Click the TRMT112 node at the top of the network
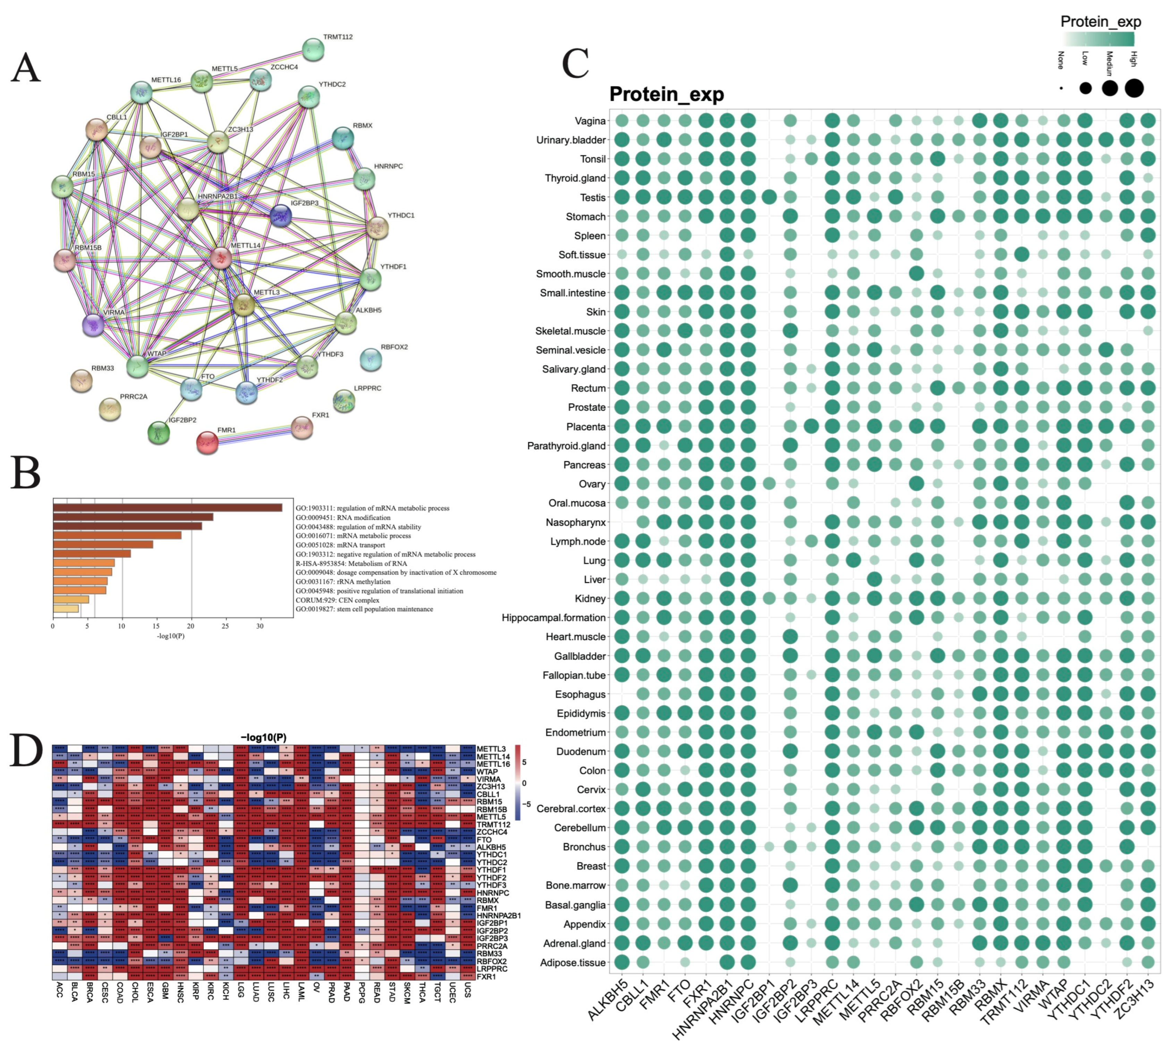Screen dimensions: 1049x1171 pos(313,50)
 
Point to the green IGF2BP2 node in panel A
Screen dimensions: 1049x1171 pos(159,432)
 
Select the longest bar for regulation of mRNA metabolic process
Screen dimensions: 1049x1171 pos(167,508)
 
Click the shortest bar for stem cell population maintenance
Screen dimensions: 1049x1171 pos(66,609)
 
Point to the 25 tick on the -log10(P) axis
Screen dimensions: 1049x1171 pos(225,626)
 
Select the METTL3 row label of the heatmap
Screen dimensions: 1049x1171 pos(491,749)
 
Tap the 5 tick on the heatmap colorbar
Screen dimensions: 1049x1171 pos(523,762)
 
